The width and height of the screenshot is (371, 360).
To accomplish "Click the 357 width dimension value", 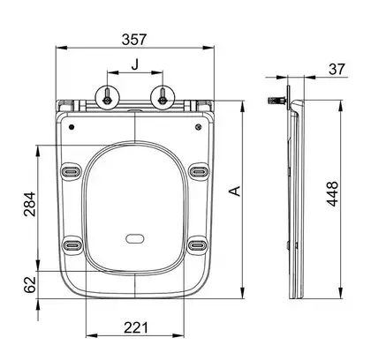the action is [x=134, y=40].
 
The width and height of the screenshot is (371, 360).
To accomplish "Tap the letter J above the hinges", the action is [x=135, y=64].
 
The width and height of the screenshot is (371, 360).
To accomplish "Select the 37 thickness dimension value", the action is [x=337, y=69].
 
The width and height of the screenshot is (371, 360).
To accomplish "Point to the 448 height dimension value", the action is [x=333, y=194].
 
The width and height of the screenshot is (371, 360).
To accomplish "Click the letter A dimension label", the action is [x=235, y=191].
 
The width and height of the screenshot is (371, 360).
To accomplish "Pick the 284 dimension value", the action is [x=30, y=204].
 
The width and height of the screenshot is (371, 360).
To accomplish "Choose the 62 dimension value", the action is [x=30, y=285].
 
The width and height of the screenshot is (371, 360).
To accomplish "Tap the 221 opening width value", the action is [x=136, y=327].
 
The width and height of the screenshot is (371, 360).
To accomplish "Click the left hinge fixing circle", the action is [x=107, y=98].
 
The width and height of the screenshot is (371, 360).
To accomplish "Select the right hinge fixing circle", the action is [x=163, y=98].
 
